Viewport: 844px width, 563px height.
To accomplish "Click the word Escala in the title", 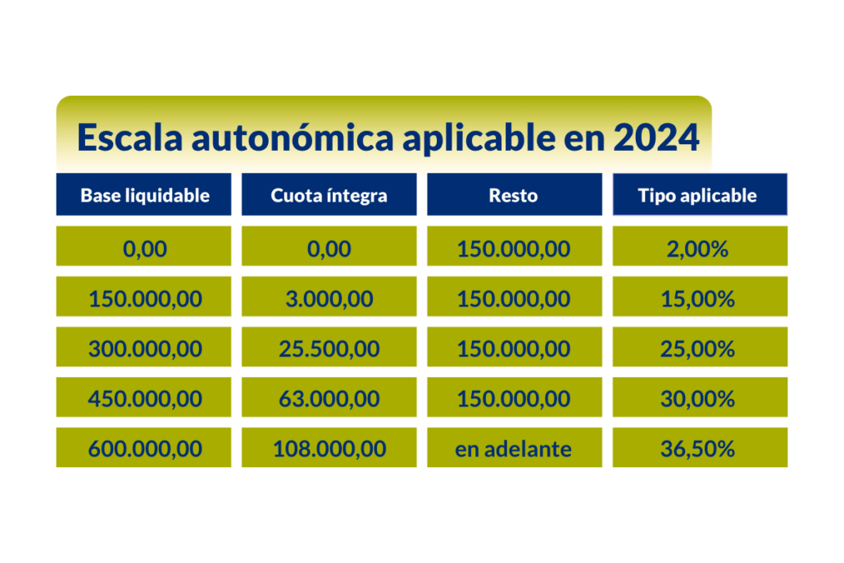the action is pyautogui.click(x=129, y=137).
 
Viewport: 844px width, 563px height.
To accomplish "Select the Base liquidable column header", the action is pyautogui.click(x=143, y=194).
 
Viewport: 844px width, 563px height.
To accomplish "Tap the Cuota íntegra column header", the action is pyautogui.click(x=329, y=194).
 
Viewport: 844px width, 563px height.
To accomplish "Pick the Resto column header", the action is pyautogui.click(x=515, y=194).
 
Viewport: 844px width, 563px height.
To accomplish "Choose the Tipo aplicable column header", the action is pyautogui.click(x=700, y=194).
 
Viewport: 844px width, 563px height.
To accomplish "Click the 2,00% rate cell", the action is pyautogui.click(x=700, y=246).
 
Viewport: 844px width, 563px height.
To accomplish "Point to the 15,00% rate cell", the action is pyautogui.click(x=700, y=296).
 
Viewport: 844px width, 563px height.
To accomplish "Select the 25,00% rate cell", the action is pyautogui.click(x=700, y=347).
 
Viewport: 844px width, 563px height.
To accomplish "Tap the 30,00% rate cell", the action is pyautogui.click(x=700, y=397).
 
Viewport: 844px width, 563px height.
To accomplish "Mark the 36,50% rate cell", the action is pyautogui.click(x=700, y=447).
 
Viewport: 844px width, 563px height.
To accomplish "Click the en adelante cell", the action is pyautogui.click(x=515, y=447).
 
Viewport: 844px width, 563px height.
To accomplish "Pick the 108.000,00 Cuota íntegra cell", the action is pyautogui.click(x=329, y=447).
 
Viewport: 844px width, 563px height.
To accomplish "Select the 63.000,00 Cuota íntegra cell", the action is pyautogui.click(x=329, y=397).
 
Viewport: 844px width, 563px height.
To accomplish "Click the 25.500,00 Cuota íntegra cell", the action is pyautogui.click(x=329, y=347).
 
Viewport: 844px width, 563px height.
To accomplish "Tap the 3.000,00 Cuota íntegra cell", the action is pyautogui.click(x=329, y=296).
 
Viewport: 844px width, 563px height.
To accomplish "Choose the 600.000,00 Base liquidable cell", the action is pyautogui.click(x=143, y=447).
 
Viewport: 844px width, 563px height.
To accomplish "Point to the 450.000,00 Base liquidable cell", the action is pyautogui.click(x=143, y=397).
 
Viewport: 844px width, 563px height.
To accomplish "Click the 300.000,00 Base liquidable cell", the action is pyautogui.click(x=143, y=347).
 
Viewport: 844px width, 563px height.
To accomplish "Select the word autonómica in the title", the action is pyautogui.click(x=293, y=137).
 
